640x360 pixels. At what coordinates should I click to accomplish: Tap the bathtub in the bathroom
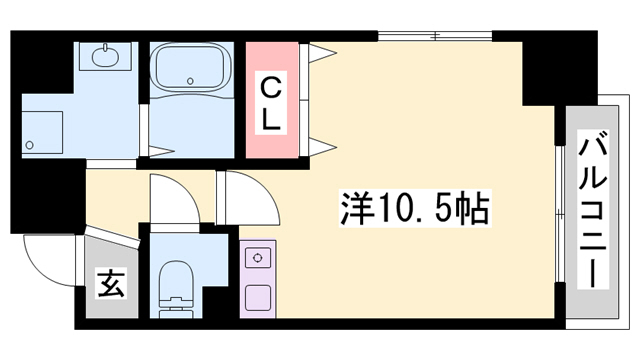coord(189,69)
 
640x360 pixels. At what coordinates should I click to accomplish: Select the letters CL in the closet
coord(271,101)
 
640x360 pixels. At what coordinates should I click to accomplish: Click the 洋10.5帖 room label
coord(411,209)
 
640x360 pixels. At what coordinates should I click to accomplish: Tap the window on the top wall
coord(435,37)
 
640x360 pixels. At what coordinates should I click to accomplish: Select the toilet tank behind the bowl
coord(175,309)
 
